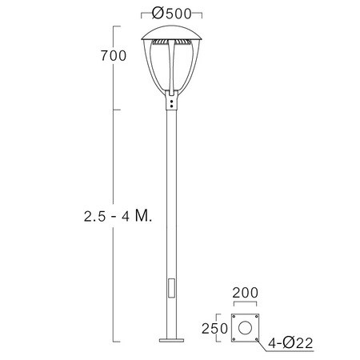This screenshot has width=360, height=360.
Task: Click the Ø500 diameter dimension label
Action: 171,14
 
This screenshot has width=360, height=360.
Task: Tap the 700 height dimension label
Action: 114,56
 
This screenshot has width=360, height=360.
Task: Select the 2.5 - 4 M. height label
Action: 118,215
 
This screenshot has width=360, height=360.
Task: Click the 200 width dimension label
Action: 246,293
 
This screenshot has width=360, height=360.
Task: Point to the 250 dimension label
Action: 214,329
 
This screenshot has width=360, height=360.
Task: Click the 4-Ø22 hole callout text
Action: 290,342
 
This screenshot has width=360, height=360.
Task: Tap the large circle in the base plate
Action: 245,328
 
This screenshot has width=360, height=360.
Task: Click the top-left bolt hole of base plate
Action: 234,317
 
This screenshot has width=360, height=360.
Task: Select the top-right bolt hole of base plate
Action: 256,317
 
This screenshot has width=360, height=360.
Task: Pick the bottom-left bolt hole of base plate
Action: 234,339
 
